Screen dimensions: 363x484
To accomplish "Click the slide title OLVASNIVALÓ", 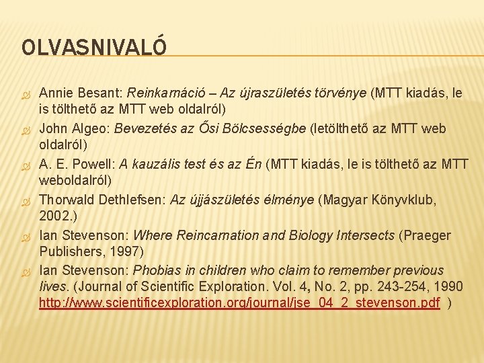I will tap(94, 47).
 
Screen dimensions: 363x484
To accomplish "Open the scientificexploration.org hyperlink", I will tap(239, 303).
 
